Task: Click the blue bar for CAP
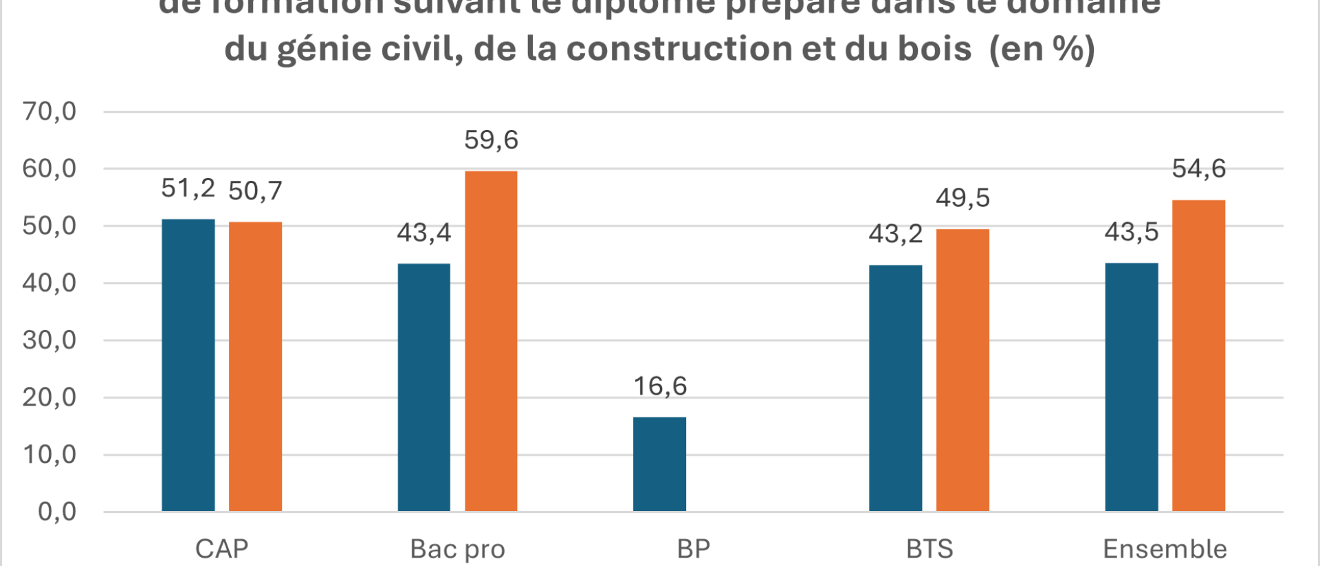tap(188, 365)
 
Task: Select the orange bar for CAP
tap(255, 367)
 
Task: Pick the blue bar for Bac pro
tap(424, 387)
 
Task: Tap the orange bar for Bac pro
tap(491, 341)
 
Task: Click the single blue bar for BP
tap(659, 464)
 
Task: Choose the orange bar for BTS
tap(962, 370)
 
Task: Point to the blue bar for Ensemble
tap(1132, 387)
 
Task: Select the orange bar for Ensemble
tap(1198, 356)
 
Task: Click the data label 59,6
tap(491, 140)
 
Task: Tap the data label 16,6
tap(660, 387)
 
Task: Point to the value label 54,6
tap(1198, 169)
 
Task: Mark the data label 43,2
tap(895, 235)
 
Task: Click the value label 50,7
tap(255, 191)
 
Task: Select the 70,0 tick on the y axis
tap(49, 111)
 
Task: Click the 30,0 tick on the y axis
tap(49, 340)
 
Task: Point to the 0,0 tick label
tap(57, 512)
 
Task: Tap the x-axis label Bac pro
tap(457, 549)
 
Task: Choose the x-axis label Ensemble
tap(1165, 549)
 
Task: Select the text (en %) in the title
tap(1042, 49)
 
